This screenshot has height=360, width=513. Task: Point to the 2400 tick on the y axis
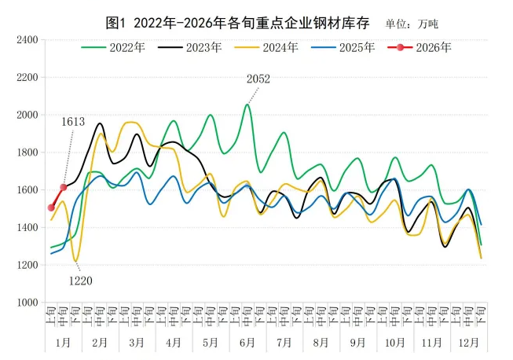(27, 39)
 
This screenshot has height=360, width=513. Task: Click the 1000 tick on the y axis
(27, 303)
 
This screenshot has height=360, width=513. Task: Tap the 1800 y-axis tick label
(27, 152)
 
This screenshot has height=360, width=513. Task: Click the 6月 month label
(247, 343)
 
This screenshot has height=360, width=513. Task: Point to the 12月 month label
(468, 343)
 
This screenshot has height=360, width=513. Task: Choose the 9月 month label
(358, 343)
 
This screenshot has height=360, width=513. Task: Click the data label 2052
(258, 79)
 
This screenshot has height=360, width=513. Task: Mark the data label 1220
(81, 280)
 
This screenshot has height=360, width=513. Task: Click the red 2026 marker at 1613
(64, 187)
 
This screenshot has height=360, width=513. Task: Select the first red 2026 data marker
(51, 208)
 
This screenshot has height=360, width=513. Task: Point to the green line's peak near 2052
(247, 105)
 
